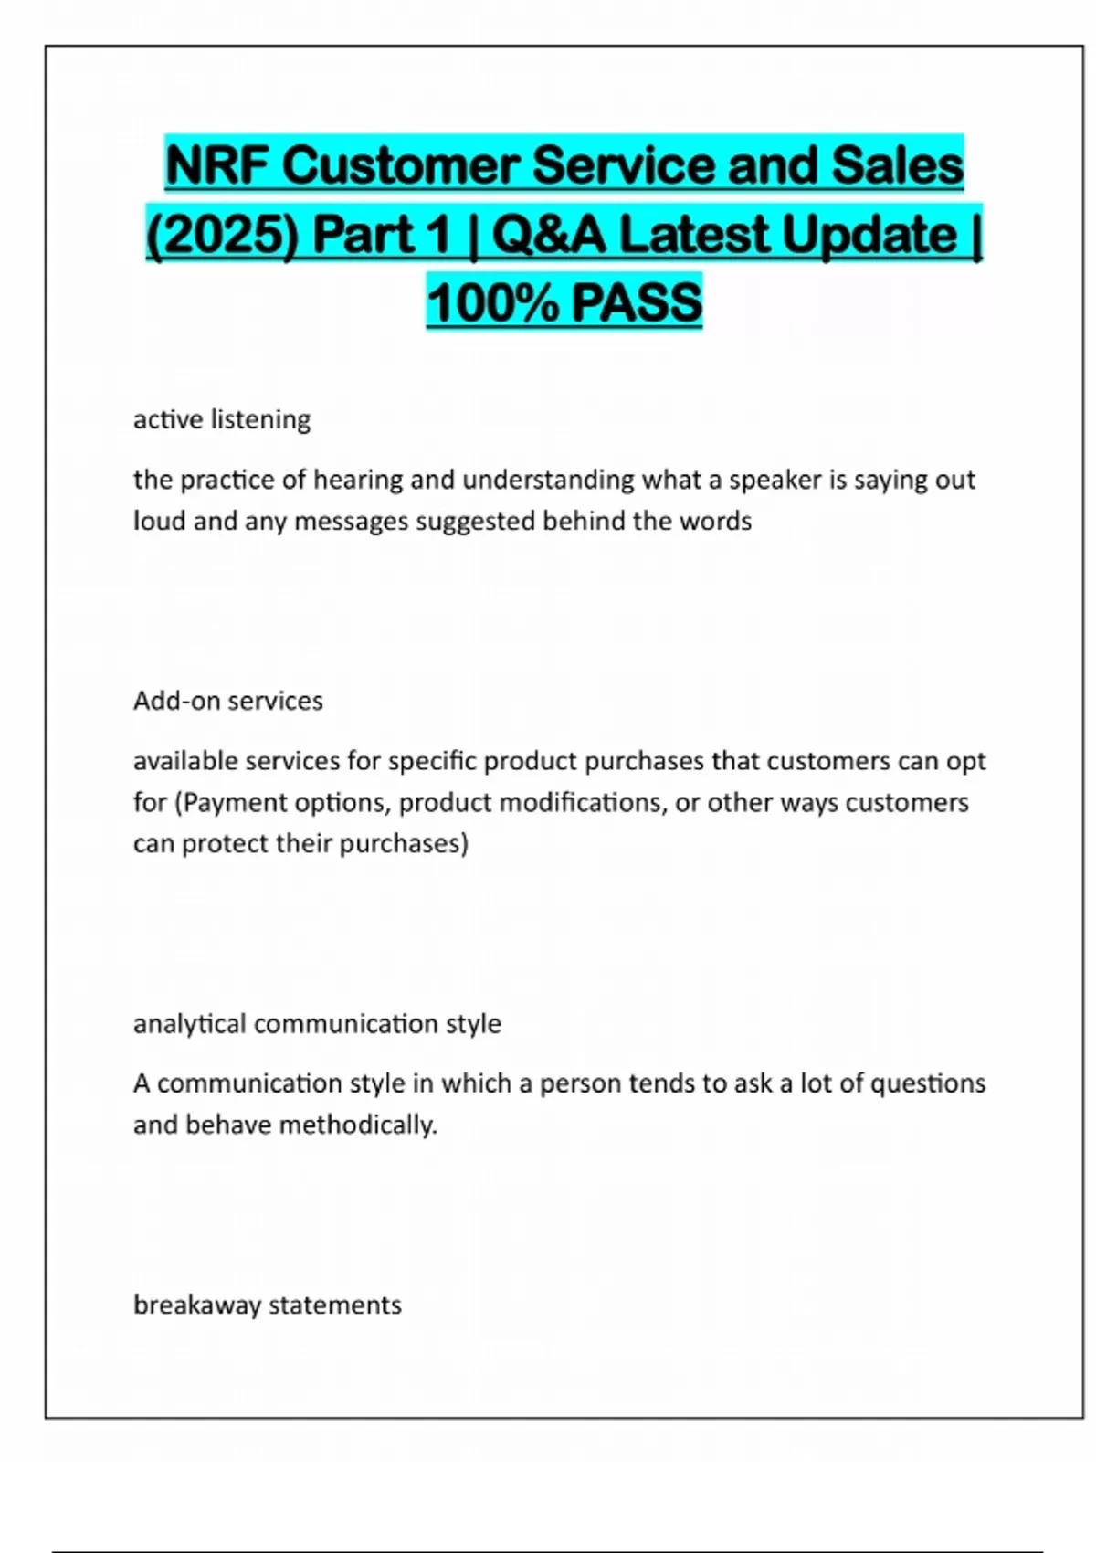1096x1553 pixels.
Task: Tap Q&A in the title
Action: [x=548, y=235]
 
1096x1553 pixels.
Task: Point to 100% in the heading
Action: [x=491, y=303]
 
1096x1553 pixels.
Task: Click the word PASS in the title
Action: [x=637, y=303]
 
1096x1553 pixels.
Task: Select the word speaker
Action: [x=775, y=480]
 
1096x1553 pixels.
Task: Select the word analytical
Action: [x=190, y=1024]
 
